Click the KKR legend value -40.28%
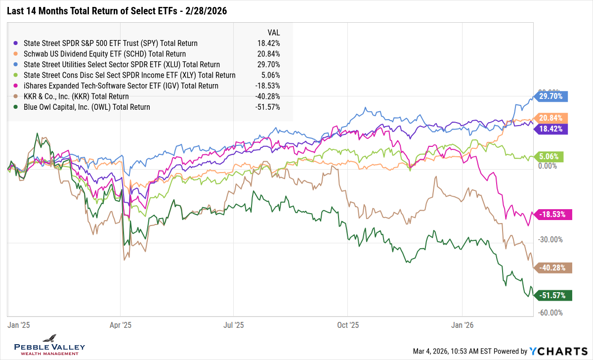pos(268,96)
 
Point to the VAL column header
pos(274,33)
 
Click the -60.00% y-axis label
pos(551,313)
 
